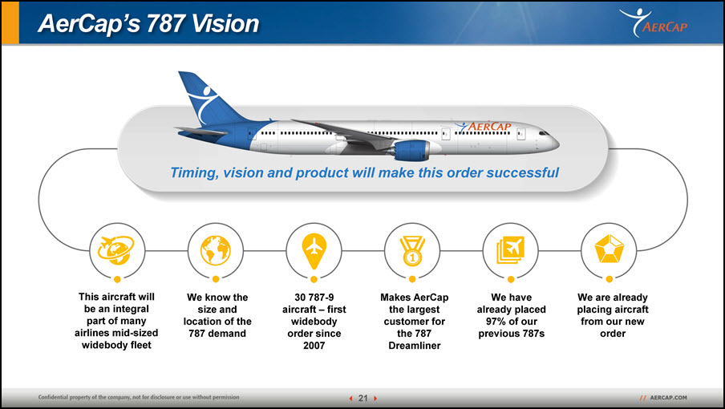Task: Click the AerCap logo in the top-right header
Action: (654, 22)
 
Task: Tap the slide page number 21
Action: (363, 398)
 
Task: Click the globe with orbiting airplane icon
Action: (116, 250)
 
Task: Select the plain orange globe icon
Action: (216, 250)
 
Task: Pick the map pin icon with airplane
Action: (314, 251)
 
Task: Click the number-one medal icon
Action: (412, 251)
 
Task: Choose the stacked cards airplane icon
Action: (510, 250)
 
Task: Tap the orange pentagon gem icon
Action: (610, 249)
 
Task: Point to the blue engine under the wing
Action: (411, 150)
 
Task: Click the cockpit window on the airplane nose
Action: (544, 133)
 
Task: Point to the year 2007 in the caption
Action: (314, 345)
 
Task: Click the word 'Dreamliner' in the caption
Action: (415, 345)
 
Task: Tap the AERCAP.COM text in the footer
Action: (669, 398)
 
